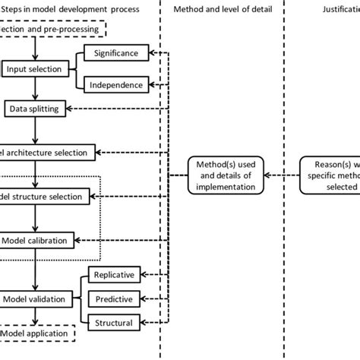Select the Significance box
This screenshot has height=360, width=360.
coord(115,53)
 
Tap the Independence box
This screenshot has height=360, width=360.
coord(115,85)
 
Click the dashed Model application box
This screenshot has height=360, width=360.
coord(34,333)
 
